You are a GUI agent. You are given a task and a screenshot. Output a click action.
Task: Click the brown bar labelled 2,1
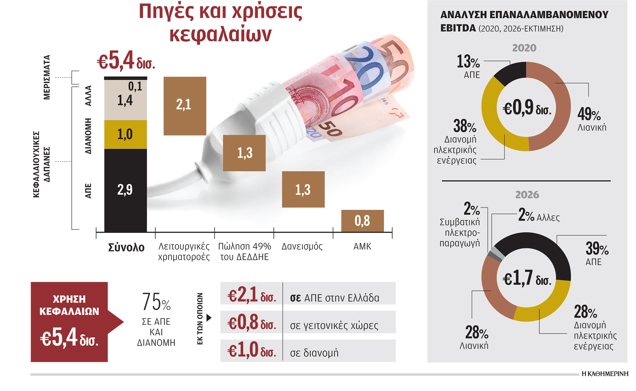[x=185, y=106]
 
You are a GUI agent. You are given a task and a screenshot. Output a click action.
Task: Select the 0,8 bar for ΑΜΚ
[x=362, y=221]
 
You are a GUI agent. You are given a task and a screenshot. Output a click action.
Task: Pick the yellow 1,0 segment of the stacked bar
[x=125, y=134]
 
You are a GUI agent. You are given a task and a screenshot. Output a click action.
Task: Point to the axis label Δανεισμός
[x=302, y=247]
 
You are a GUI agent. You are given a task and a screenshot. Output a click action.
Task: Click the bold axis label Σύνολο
[x=126, y=248]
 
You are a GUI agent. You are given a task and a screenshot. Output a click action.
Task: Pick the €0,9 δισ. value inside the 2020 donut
[x=527, y=108]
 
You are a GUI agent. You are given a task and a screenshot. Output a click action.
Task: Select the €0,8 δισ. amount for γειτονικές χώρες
[x=251, y=323]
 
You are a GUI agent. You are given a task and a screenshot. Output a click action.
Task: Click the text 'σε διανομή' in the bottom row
[x=314, y=353]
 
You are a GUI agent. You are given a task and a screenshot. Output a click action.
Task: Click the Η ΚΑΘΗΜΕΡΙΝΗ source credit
[x=605, y=374]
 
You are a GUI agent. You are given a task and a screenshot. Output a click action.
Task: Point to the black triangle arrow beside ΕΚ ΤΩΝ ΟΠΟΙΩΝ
[x=209, y=318]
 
